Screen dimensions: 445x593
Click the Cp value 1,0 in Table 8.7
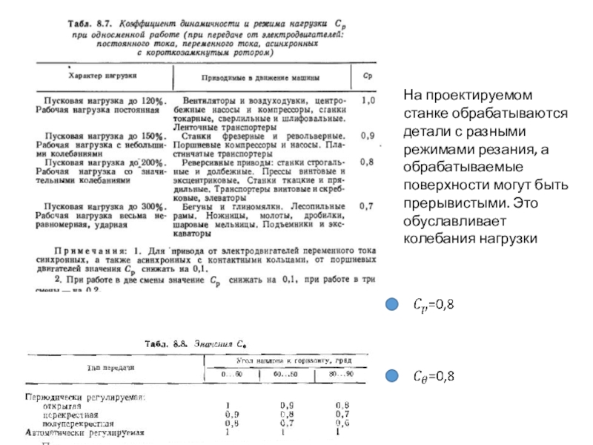pos(367,99)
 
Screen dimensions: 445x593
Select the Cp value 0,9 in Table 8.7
pos(367,136)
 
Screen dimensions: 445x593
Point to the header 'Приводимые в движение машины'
pos(260,77)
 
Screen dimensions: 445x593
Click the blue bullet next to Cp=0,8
pos(390,304)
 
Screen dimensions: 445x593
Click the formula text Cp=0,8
pos(432,304)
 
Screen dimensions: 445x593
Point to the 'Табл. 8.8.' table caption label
pos(165,344)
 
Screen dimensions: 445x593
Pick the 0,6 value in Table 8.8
pos(342,423)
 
